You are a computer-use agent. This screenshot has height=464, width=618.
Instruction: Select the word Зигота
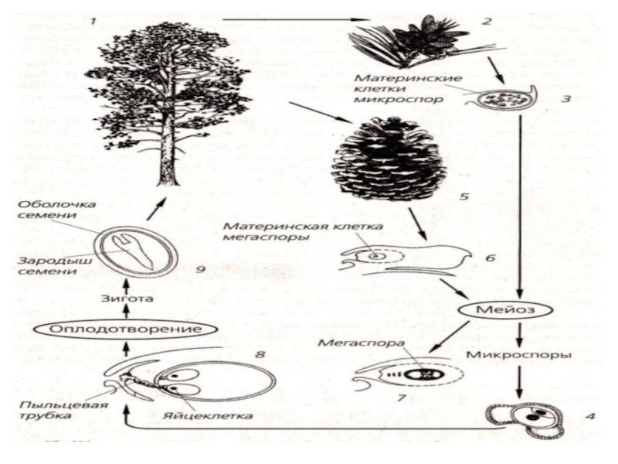(124, 296)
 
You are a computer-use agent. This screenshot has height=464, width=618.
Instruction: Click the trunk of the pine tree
(168, 155)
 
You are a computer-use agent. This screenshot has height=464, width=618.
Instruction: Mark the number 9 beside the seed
(200, 271)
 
